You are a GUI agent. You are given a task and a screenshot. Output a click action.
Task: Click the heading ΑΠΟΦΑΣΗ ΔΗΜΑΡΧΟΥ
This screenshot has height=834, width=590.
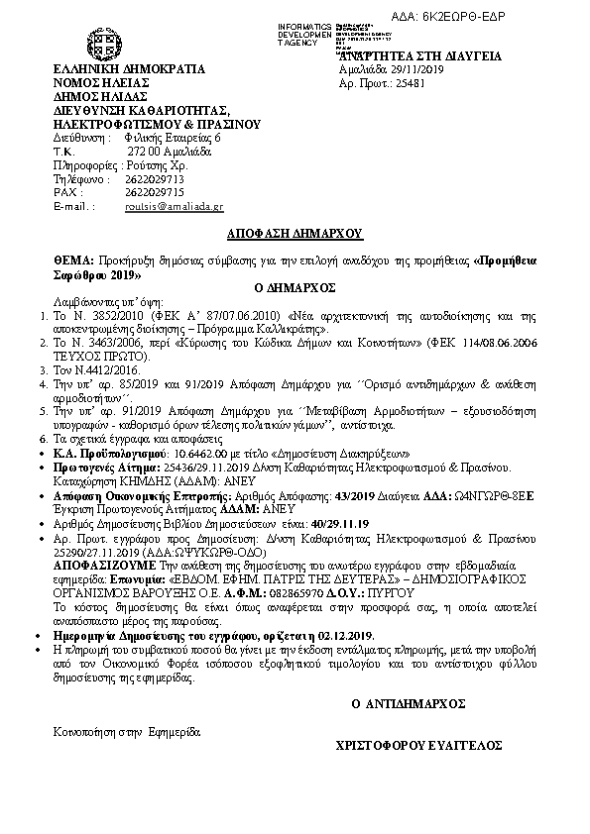tap(294, 234)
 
